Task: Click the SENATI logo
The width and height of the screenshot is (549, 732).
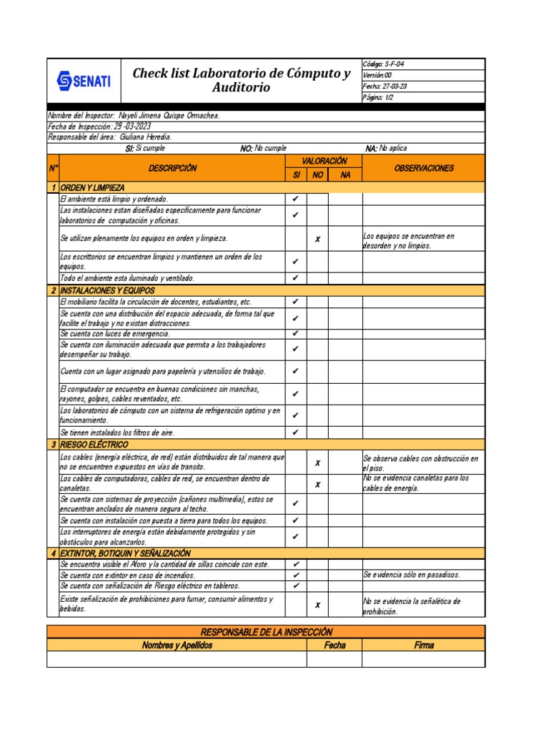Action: click(84, 81)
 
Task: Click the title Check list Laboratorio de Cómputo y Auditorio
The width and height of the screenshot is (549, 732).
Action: click(242, 80)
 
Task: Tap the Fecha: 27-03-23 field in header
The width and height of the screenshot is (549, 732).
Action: click(385, 86)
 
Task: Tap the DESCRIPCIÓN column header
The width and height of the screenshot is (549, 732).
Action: click(172, 169)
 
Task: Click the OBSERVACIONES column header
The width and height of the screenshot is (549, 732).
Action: click(424, 169)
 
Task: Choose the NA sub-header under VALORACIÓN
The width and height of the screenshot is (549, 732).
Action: click(345, 175)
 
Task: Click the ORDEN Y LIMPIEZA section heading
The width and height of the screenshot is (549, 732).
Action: click(93, 187)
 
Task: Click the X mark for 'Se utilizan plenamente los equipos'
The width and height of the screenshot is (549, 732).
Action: click(317, 239)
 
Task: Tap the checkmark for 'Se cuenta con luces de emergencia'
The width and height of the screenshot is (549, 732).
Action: click(296, 334)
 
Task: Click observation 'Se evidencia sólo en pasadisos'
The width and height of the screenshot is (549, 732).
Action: click(412, 575)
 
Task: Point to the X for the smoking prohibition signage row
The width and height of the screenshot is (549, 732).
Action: click(317, 605)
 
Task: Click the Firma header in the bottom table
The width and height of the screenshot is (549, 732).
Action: click(424, 645)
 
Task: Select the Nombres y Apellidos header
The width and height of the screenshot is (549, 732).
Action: click(177, 645)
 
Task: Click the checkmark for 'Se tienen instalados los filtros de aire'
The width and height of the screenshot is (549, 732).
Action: click(296, 432)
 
